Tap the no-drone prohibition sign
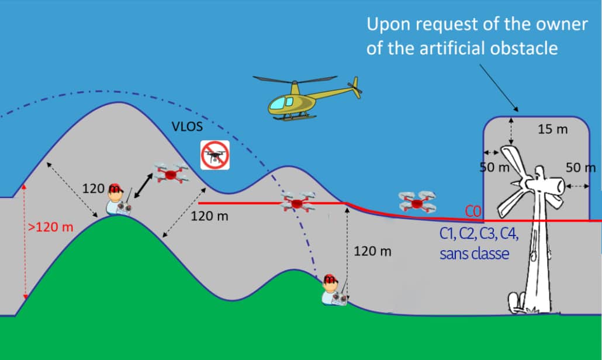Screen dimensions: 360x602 (x=215, y=155)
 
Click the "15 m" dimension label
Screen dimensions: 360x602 (x=552, y=129)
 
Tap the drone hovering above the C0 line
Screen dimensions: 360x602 (x=417, y=202)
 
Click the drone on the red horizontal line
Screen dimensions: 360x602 (x=298, y=203)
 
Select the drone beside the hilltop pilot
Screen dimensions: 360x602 (x=170, y=172)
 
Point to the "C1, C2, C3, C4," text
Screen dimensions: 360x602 (x=479, y=234)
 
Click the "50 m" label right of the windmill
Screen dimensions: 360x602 (x=580, y=168)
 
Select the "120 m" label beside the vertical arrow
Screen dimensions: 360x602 (x=372, y=251)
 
